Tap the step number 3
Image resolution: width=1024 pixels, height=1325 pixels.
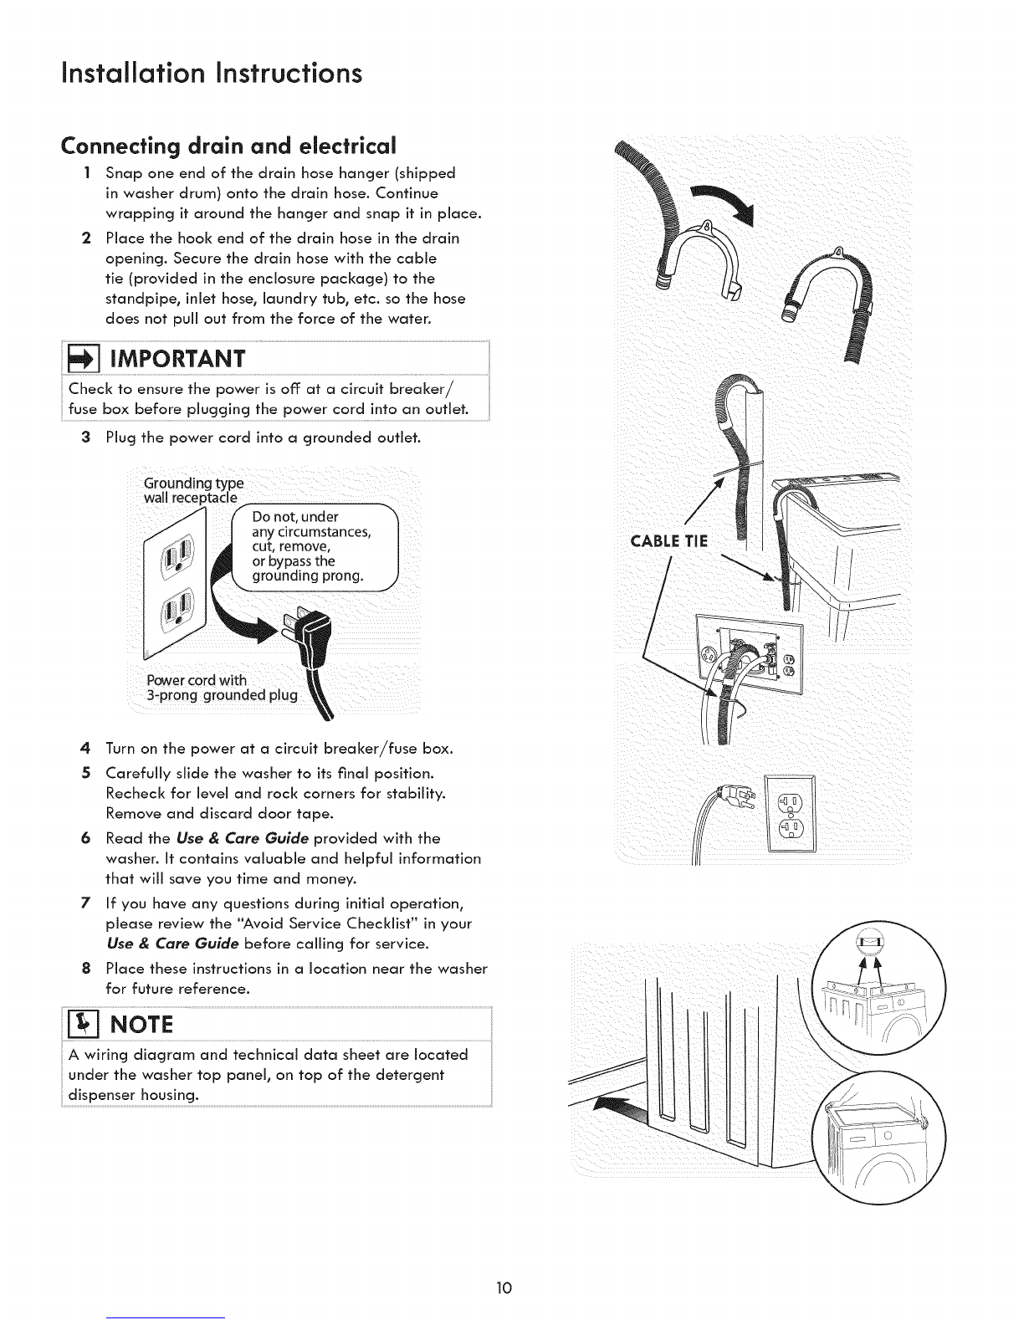pyautogui.click(x=85, y=438)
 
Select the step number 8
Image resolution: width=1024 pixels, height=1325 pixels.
pyautogui.click(x=85, y=969)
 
